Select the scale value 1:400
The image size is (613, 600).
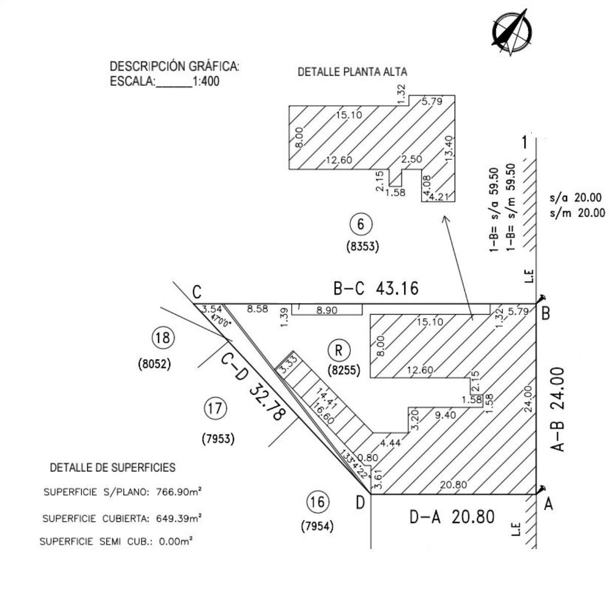[x=206, y=82]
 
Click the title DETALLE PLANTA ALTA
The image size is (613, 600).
[x=352, y=72]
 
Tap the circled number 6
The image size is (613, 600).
[x=361, y=224]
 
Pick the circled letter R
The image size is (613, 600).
[x=338, y=350]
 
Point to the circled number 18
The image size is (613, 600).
[x=163, y=337]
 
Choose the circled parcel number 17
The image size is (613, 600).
[x=215, y=408]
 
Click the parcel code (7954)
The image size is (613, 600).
[x=317, y=526]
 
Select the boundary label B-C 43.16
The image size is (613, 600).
[x=376, y=289]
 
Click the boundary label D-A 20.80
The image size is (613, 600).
[x=451, y=517]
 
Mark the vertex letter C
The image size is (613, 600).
[x=197, y=293]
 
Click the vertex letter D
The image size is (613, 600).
[x=360, y=503]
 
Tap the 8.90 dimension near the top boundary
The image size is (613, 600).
[x=326, y=311]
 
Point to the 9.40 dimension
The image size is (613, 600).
[x=445, y=415]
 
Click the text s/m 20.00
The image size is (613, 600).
[x=577, y=213]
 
